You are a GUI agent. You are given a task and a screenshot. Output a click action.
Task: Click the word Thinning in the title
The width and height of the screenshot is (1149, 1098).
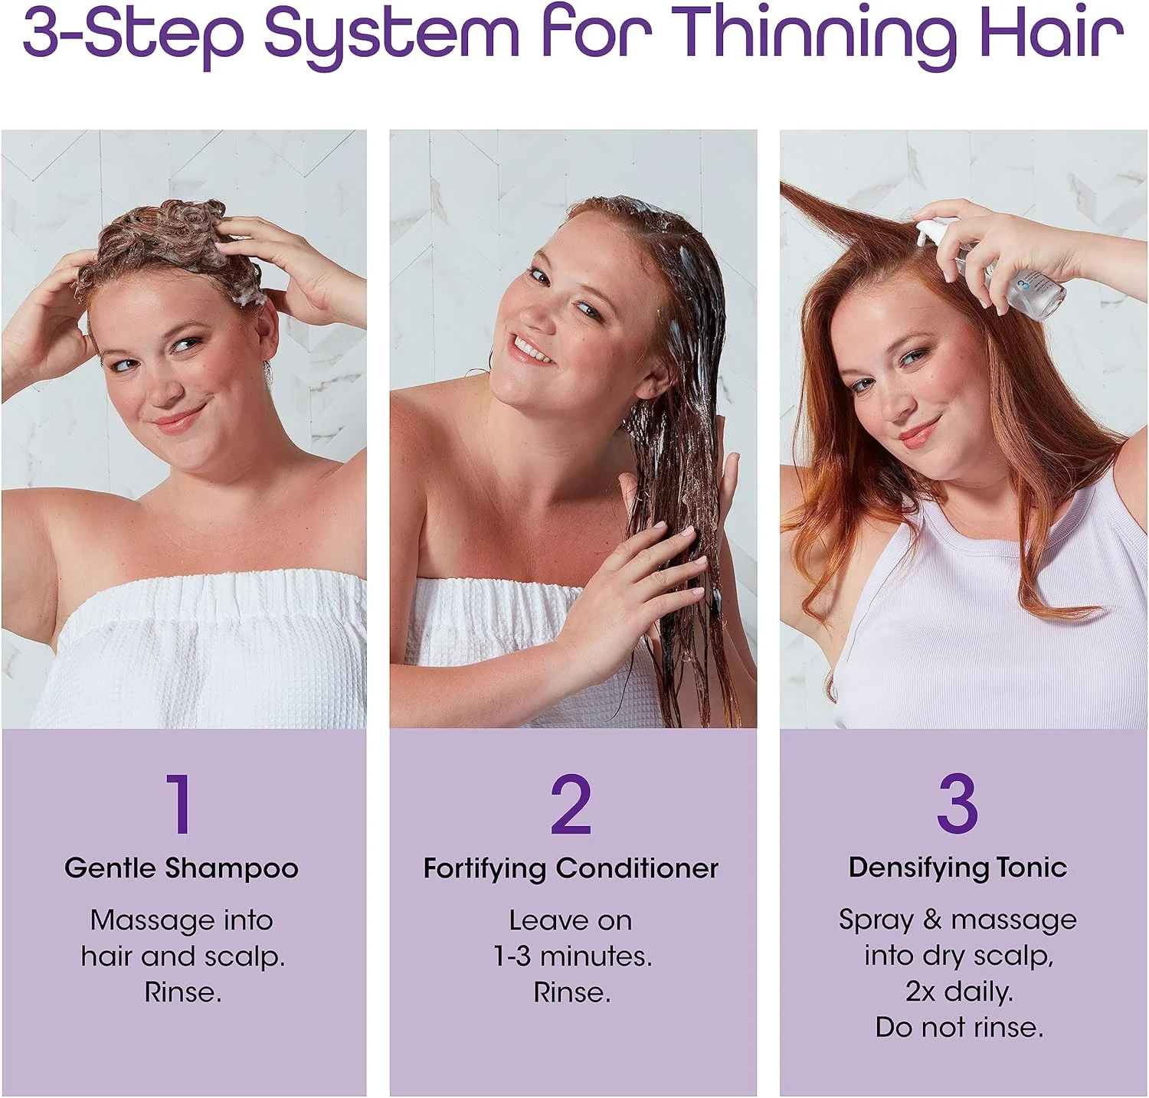(x=817, y=34)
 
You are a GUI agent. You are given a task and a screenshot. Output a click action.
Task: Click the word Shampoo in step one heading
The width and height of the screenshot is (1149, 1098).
(x=231, y=869)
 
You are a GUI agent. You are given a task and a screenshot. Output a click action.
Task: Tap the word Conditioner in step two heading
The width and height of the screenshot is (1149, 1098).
(x=637, y=868)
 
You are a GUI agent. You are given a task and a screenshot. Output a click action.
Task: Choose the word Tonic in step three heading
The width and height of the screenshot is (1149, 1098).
(x=1032, y=868)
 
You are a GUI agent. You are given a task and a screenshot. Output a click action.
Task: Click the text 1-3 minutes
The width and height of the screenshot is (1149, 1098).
(x=572, y=956)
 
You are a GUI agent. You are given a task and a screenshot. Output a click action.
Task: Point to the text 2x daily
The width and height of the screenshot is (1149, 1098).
(x=959, y=992)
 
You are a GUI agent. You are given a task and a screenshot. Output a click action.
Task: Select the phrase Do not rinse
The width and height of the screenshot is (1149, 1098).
(x=959, y=1027)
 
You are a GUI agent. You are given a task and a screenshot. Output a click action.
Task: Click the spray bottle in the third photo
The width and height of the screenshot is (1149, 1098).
(x=996, y=268)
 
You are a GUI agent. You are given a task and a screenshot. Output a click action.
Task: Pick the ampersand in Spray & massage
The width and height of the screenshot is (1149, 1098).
(x=932, y=920)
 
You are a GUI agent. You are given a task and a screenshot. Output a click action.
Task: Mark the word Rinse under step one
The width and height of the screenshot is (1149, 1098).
(x=183, y=992)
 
